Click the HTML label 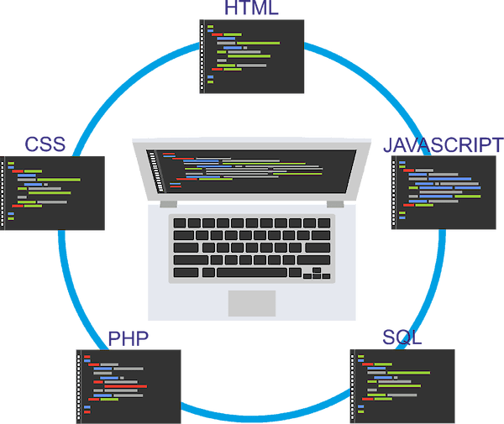251,8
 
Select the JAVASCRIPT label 443,144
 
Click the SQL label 402,338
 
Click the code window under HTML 252,55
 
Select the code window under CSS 54,193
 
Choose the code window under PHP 129,385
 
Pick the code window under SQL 402,385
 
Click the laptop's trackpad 252,303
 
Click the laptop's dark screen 252,169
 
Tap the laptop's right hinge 333,202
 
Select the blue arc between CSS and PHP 62,277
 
